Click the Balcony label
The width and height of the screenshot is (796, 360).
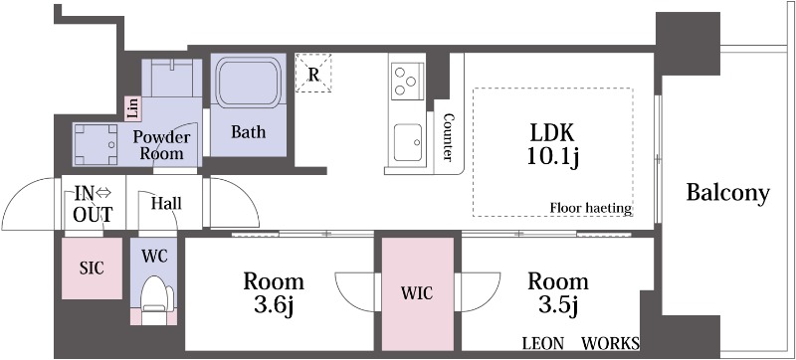[x=728, y=193]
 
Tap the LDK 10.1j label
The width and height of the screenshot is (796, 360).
[x=553, y=145]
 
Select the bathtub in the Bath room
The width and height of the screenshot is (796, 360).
[x=249, y=82]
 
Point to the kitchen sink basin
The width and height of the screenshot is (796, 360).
[x=408, y=143]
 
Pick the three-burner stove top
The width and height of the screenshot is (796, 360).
[x=407, y=80]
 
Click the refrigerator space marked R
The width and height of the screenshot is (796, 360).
[x=313, y=74]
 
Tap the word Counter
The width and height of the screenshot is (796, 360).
[x=448, y=136]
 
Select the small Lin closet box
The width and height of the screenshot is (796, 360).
[x=132, y=108]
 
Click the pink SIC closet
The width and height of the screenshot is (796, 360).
[x=92, y=269]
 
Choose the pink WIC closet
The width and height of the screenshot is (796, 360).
[x=417, y=293]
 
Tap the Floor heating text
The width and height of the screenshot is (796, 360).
[x=591, y=208]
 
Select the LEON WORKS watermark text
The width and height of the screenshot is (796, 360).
[x=581, y=344]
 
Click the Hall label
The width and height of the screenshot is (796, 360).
[x=166, y=204]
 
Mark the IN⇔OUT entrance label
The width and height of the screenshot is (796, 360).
[x=93, y=203]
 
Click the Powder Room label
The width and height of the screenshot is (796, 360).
[x=161, y=145]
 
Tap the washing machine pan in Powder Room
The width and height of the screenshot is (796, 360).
[x=95, y=144]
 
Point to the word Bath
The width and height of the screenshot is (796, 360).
[x=248, y=132]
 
